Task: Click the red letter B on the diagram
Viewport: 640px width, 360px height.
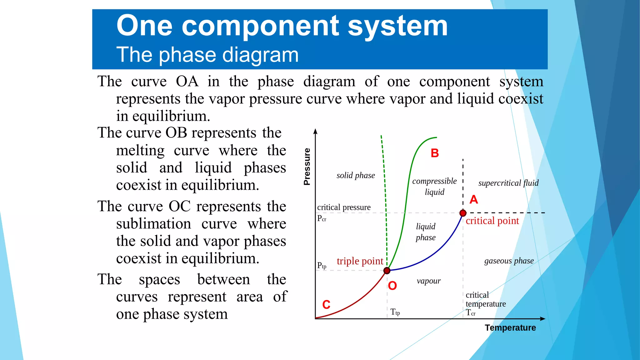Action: (x=435, y=153)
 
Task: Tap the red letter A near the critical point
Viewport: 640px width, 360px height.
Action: (x=474, y=199)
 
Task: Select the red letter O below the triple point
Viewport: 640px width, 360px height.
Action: (x=392, y=286)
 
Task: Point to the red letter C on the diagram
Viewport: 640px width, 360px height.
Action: (x=326, y=304)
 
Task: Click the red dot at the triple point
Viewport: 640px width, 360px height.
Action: (x=387, y=270)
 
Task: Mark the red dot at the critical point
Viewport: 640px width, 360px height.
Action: (x=463, y=213)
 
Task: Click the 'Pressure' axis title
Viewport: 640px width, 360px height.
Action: (x=307, y=167)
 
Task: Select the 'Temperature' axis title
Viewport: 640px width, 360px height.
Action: (x=510, y=327)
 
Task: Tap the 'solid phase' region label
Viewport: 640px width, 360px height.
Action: (x=356, y=175)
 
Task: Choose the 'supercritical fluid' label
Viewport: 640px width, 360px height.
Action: (x=508, y=183)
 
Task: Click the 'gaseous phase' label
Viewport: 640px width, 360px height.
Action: (x=509, y=261)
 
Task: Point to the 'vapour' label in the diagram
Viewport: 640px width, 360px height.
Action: (x=428, y=281)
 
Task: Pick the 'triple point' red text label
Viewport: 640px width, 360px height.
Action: (x=360, y=261)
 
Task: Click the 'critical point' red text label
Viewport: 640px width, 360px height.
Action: (x=492, y=221)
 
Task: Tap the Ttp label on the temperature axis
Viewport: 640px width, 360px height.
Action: (x=395, y=312)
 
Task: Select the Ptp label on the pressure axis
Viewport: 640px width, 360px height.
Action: (x=322, y=266)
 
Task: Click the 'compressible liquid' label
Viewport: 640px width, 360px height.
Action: (x=434, y=187)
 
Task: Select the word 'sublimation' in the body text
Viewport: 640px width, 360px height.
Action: (x=153, y=224)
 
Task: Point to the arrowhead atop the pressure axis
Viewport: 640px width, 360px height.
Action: (x=315, y=131)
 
